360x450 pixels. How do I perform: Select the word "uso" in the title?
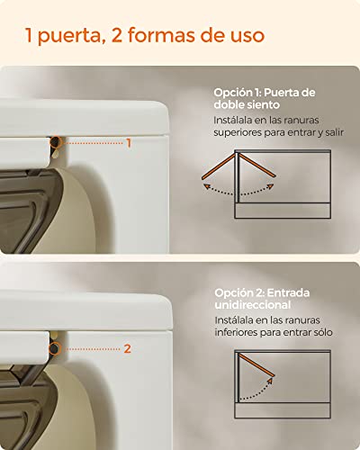[247, 36]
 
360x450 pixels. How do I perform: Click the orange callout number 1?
[129, 143]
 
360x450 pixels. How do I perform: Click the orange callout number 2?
[128, 349]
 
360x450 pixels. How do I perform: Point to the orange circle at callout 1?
[56, 142]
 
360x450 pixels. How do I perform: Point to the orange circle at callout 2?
[55, 349]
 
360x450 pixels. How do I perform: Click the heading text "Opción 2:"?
[238, 292]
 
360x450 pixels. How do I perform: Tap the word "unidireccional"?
[253, 305]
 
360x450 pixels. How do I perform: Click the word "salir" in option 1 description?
[334, 132]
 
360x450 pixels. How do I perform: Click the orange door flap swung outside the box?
[219, 166]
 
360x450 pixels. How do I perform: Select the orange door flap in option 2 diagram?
[256, 364]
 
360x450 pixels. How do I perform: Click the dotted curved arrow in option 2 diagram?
[262, 393]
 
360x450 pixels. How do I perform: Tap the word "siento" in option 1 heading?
[264, 104]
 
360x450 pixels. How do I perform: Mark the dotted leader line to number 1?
[93, 143]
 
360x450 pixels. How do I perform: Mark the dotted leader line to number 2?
[92, 349]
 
